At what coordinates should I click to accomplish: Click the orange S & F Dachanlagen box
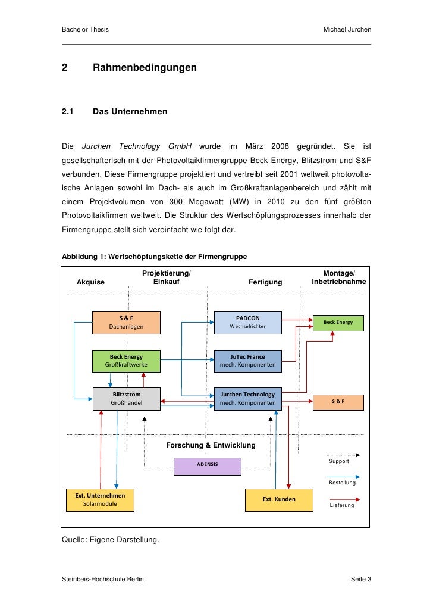point(125,322)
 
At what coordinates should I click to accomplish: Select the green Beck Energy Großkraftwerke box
point(125,360)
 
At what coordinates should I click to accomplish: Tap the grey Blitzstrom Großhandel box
point(126,398)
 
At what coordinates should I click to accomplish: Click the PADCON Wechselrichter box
point(247,322)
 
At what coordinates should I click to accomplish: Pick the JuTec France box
point(247,360)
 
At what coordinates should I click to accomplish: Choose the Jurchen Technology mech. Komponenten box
point(247,398)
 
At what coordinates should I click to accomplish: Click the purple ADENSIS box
point(208,465)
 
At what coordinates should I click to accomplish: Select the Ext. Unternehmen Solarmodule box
point(100,499)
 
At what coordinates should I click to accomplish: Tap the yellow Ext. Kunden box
point(279,499)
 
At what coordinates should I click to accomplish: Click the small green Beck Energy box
point(338,322)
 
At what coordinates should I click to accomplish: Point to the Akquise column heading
point(91,282)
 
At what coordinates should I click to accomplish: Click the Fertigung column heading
point(265,282)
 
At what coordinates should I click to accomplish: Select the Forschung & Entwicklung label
point(211,445)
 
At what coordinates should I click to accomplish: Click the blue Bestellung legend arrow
point(343,476)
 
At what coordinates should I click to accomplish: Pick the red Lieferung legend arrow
point(343,499)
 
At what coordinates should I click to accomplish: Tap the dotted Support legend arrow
point(343,455)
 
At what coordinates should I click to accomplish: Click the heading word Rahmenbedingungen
point(145,68)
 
